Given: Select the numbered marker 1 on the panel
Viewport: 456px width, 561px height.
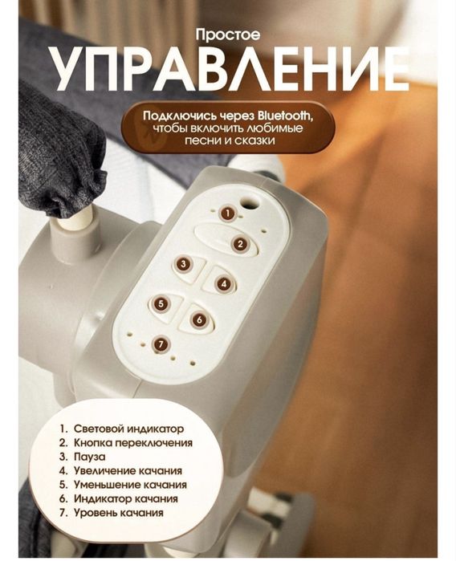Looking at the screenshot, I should click(227, 213).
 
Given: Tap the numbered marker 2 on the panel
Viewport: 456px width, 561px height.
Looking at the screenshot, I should click(238, 243).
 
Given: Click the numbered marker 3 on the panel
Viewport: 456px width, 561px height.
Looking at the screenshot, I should click(184, 263).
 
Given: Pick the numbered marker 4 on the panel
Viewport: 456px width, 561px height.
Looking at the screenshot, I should click(224, 283).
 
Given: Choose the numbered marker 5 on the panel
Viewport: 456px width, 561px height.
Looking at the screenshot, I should click(183, 304).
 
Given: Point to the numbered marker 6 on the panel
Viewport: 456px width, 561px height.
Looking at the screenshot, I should click(200, 319).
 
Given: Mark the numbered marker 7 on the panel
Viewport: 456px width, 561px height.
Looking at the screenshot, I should click(162, 344).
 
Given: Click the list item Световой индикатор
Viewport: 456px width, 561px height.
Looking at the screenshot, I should click(128, 429).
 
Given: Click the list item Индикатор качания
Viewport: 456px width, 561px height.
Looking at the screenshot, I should click(125, 498).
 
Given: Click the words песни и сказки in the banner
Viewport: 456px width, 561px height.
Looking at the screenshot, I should click(227, 140).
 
